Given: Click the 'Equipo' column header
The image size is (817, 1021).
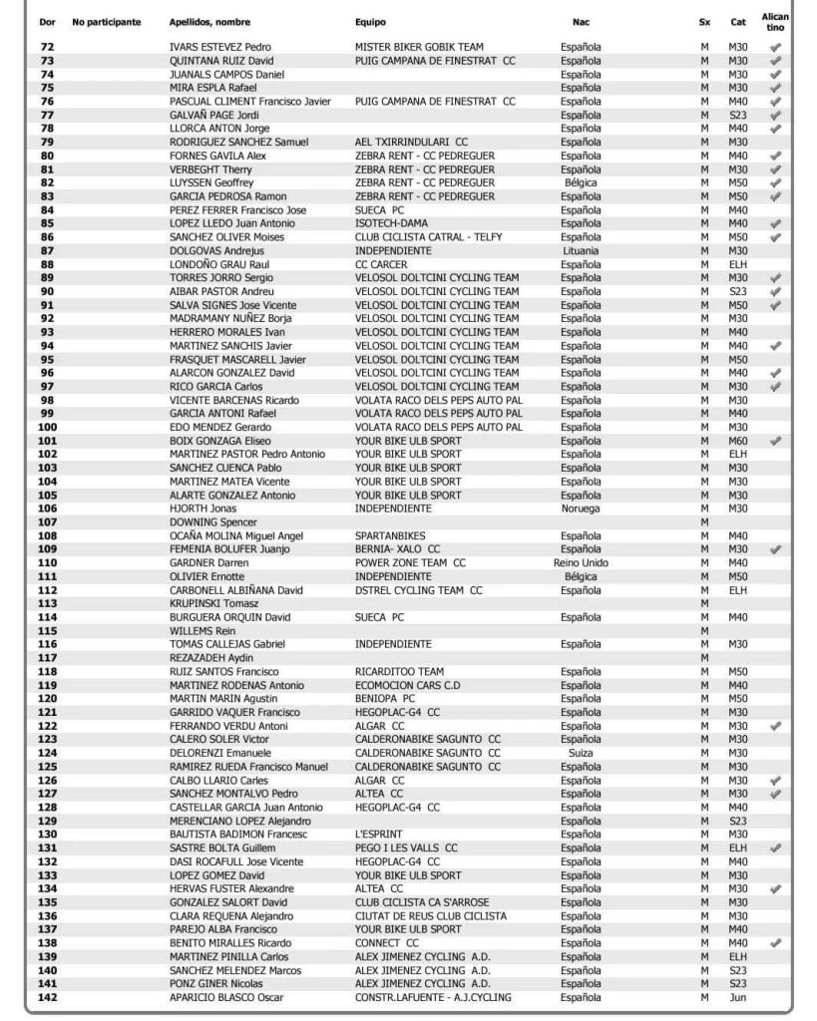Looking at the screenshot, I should point(370,22).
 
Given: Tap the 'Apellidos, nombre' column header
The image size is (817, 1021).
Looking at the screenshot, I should point(209,22).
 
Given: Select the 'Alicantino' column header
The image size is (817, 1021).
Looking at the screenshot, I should point(774,22).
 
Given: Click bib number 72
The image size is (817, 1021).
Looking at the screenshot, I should point(47,48).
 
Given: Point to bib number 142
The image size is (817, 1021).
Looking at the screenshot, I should point(47,997).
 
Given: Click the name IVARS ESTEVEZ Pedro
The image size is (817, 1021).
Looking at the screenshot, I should point(220,48).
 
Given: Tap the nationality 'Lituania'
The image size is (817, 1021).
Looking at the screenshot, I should point(581,251).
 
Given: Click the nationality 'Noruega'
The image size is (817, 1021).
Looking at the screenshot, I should point(581,509).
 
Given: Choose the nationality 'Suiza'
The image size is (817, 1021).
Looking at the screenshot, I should point(581,753).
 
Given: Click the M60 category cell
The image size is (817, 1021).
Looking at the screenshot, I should point(738,441).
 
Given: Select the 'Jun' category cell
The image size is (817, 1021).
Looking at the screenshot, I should point(738,997).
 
